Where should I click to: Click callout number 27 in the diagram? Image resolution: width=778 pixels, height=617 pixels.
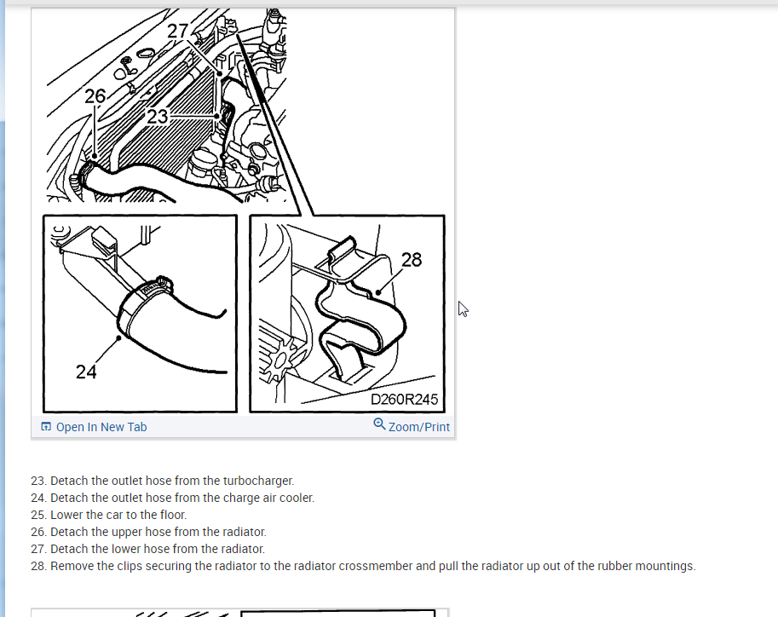pos(177,31)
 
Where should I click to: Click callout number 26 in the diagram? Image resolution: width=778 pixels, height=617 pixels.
pos(95,95)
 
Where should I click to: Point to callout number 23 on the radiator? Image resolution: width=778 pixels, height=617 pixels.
pos(158,117)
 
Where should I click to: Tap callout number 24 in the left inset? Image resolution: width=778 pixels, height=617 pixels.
pos(86,372)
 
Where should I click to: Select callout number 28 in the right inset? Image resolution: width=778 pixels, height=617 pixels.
pos(412,260)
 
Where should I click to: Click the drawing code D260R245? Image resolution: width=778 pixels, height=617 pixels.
pos(404,400)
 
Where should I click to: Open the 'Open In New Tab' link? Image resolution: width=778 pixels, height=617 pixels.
pos(101,427)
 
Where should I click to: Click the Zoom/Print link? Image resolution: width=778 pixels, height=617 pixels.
pos(418,427)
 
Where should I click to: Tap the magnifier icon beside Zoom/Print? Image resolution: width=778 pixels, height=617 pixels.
pos(379,424)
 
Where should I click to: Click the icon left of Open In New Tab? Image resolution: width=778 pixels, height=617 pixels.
pos(46,426)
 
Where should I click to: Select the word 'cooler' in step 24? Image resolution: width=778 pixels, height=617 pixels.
pos(299,498)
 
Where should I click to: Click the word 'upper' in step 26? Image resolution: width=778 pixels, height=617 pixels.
pos(126,532)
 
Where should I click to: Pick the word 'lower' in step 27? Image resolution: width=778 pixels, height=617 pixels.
pos(125,549)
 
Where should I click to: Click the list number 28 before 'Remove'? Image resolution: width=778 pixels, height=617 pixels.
pos(37,566)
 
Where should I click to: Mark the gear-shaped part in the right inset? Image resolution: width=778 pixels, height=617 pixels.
pos(281,360)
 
